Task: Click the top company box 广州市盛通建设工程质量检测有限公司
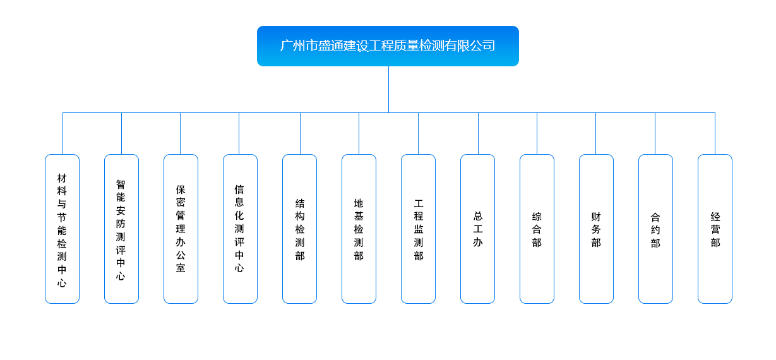388,46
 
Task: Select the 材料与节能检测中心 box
62,229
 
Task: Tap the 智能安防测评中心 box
121,229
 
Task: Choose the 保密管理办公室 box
181,229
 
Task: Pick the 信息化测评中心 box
240,229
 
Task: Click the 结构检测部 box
299,229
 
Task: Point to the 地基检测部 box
359,229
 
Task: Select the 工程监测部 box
418,229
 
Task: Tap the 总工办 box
477,229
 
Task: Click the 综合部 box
537,229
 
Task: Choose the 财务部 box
596,229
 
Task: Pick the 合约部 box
655,229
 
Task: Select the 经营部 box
715,229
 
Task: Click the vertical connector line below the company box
388,89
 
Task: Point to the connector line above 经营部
715,133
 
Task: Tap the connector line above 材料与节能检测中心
63,133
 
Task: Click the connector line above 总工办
478,133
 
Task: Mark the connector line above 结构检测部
300,133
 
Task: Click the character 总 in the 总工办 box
478,216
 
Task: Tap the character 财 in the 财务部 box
596,217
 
